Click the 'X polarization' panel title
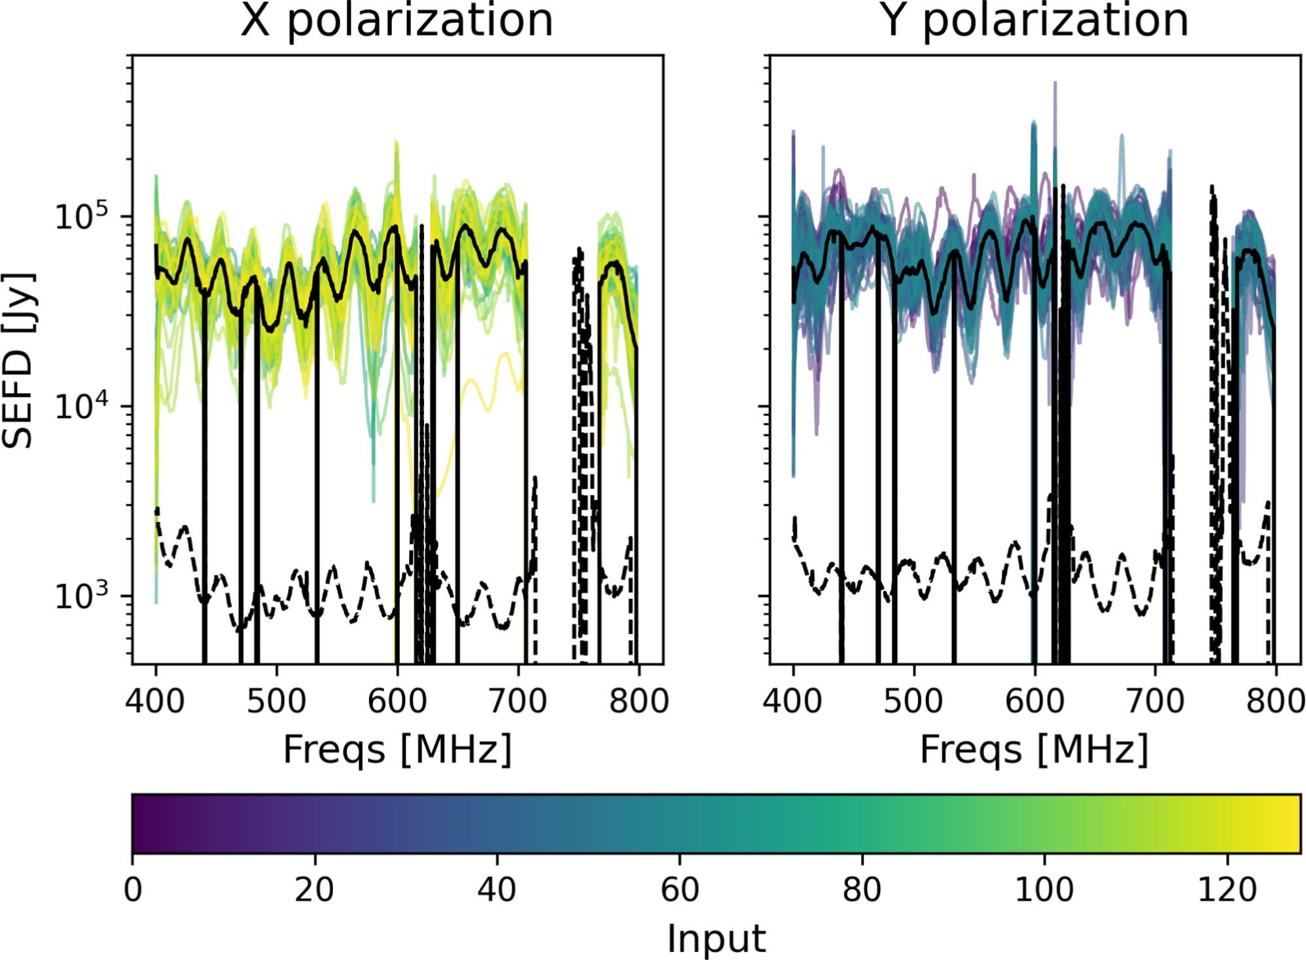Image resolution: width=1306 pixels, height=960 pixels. (x=397, y=21)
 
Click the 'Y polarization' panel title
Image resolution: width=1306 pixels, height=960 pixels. (x=1034, y=21)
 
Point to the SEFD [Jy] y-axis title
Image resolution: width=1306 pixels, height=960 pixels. (x=18, y=360)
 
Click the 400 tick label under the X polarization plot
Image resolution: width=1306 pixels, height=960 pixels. (x=155, y=701)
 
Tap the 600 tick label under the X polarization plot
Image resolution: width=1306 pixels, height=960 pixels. (x=397, y=701)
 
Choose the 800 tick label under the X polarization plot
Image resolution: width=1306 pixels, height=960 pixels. (x=639, y=701)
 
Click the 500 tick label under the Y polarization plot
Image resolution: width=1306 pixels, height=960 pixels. (x=913, y=701)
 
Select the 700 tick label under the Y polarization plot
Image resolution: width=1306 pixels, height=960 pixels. (x=1156, y=701)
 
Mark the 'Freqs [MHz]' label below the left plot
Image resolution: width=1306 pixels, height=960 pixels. (x=397, y=749)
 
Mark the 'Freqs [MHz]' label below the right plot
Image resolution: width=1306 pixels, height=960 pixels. (x=1034, y=749)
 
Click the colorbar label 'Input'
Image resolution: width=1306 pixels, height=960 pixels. (x=716, y=939)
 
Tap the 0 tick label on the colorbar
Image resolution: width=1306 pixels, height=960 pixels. (x=133, y=890)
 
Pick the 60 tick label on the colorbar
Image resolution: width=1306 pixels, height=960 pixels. (x=680, y=890)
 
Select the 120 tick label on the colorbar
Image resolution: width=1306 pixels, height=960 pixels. (x=1227, y=890)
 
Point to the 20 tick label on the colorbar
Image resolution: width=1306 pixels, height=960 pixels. (x=315, y=890)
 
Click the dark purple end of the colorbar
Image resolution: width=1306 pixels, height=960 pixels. (x=141, y=824)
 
